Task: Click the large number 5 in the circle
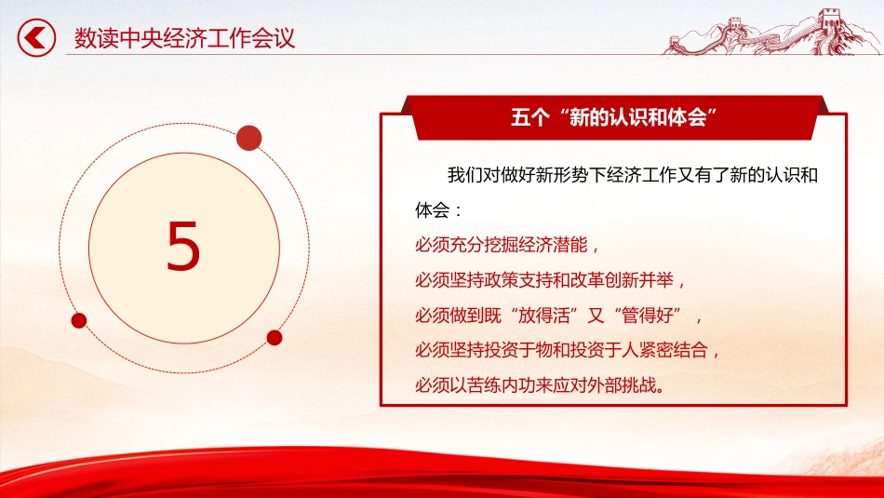click(x=183, y=248)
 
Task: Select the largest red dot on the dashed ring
click(x=248, y=139)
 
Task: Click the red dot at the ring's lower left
click(x=79, y=320)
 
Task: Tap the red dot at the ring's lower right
click(x=275, y=337)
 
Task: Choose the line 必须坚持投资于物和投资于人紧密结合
click(x=568, y=350)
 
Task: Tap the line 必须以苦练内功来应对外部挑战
click(x=540, y=384)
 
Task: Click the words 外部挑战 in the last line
click(x=623, y=384)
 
